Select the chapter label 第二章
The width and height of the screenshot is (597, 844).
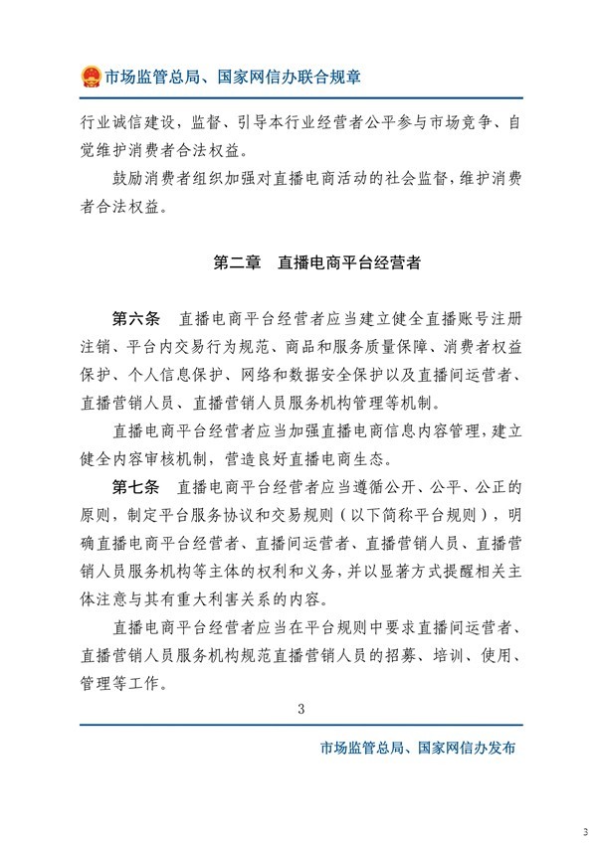click(237, 263)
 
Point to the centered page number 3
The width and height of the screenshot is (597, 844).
click(299, 708)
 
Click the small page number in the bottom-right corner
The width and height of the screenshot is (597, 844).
click(585, 831)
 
